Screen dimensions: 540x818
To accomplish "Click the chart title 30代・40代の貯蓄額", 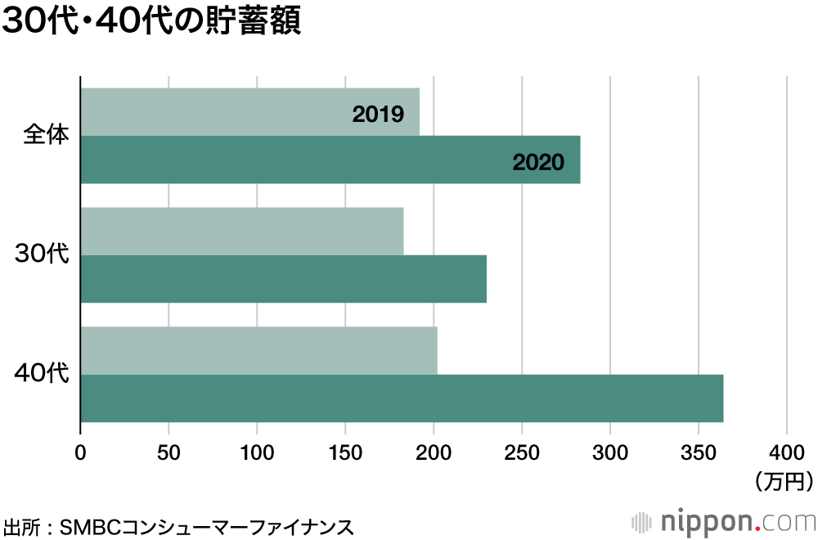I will coord(152,22).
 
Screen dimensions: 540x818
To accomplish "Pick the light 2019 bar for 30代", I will coord(242,232).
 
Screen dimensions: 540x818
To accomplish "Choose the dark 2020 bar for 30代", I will coord(283,279).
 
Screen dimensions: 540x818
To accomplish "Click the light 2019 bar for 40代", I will coord(258,351).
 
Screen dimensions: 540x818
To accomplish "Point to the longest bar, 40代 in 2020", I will coord(401,399).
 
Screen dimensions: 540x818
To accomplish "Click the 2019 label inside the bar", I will coord(378,114).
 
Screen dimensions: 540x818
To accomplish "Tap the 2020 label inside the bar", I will coord(538,162).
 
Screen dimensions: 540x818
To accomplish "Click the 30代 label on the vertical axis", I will coord(42,254).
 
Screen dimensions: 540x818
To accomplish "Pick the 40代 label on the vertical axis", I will coord(42,374).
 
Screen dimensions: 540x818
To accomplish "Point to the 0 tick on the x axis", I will coord(80,451).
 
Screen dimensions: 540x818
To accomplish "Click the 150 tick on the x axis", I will coord(345,451).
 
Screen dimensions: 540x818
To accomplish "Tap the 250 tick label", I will coord(522,451).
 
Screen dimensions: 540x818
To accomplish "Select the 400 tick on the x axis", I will coord(787,451).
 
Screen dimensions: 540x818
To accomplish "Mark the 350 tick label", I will coord(699,451).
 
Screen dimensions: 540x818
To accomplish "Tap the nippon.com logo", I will coord(723,521).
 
